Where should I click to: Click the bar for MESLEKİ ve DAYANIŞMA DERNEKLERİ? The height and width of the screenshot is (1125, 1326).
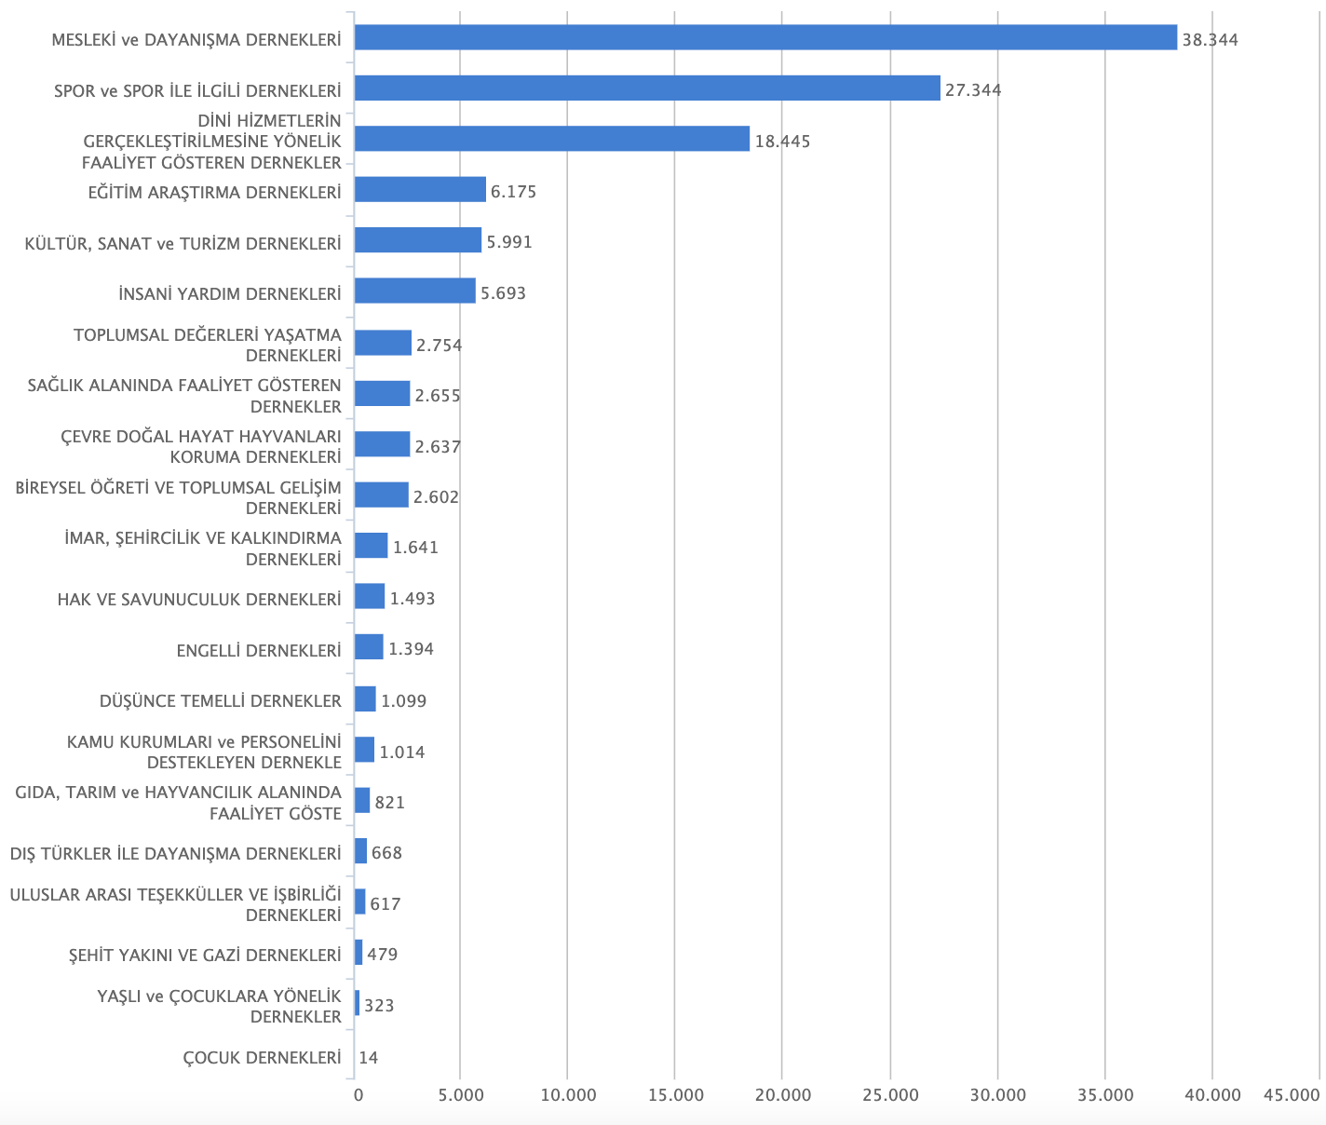[765, 37]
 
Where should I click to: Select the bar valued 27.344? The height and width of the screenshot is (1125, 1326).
[647, 88]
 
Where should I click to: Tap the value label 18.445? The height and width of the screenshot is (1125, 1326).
[782, 142]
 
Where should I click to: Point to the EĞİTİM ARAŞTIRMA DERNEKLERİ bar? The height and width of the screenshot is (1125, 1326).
[420, 190]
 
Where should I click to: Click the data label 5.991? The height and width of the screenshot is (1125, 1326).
[509, 242]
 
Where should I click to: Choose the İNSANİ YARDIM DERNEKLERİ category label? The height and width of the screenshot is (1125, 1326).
[230, 293]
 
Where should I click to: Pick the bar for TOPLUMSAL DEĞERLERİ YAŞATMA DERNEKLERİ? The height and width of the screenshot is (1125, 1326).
[383, 343]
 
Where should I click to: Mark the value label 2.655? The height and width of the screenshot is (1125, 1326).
[438, 396]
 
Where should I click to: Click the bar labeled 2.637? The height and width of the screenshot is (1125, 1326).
[382, 444]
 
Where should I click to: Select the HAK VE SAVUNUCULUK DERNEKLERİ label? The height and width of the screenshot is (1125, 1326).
[199, 599]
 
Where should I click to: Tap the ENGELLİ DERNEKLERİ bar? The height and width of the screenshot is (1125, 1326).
[369, 647]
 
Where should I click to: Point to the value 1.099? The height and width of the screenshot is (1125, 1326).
[403, 700]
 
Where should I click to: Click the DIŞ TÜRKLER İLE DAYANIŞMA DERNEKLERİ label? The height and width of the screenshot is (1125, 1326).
[175, 854]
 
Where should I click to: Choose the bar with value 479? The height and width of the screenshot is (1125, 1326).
[359, 953]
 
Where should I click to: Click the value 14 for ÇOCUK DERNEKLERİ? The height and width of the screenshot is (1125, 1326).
[368, 1058]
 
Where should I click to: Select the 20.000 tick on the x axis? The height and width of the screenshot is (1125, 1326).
[782, 1096]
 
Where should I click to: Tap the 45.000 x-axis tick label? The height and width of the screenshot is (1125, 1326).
[1292, 1096]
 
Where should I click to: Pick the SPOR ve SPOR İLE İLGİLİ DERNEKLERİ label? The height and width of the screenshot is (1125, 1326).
[197, 90]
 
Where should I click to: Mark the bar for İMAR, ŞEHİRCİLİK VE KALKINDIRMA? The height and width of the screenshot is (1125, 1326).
[371, 546]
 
